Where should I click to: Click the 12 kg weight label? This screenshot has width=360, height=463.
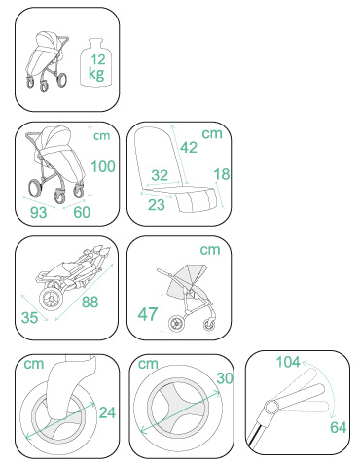97,67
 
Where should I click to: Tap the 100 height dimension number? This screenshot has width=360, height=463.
103,166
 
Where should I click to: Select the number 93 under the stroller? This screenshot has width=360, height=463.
39,213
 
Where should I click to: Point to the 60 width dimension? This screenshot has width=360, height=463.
82,212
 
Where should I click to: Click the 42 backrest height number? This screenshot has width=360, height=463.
189,148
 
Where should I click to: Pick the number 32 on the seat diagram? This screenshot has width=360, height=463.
160,175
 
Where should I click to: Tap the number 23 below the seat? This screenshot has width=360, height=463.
157,205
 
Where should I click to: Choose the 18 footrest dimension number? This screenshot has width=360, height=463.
222,174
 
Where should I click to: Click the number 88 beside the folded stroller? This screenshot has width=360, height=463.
90,302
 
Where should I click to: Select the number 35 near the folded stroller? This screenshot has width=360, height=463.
29,317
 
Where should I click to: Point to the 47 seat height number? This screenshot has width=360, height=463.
148,314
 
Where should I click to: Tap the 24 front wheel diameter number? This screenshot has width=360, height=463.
107,412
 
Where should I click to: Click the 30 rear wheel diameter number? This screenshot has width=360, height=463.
225,378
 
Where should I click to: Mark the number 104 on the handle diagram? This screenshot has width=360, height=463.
288,362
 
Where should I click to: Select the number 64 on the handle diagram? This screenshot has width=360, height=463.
339,427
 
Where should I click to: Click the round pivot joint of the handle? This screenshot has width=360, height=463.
271,407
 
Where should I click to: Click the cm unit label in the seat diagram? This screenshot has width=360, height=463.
212,133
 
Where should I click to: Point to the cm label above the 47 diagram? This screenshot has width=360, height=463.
210,250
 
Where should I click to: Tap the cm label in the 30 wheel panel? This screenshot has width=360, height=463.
148,364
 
